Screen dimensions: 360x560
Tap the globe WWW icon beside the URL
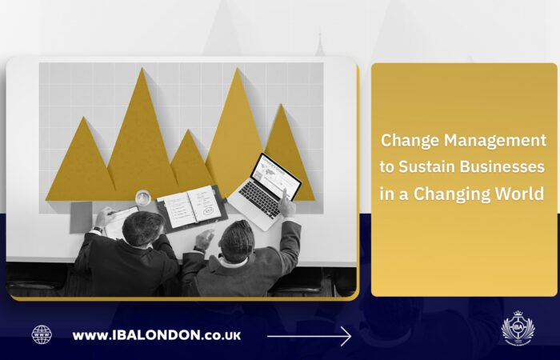[42, 335]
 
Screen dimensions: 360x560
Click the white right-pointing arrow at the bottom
[310, 336]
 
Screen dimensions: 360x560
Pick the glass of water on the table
[142, 198]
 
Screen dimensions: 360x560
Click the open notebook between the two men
[190, 206]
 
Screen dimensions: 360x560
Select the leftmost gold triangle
[80, 164]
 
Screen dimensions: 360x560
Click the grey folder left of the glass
[82, 217]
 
